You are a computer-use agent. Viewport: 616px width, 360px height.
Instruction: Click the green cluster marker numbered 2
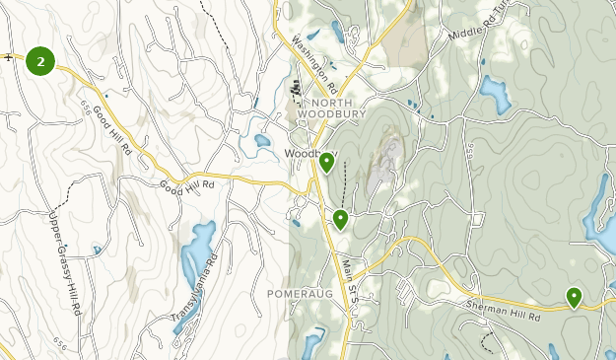tap(40, 61)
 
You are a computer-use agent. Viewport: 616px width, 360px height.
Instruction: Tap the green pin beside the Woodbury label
tap(326, 162)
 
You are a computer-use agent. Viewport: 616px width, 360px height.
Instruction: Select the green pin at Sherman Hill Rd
tap(573, 296)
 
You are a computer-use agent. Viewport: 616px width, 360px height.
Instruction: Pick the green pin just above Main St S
tap(340, 219)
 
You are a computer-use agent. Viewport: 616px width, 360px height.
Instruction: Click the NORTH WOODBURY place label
tap(333, 108)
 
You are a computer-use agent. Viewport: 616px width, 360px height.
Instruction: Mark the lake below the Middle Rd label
tap(495, 94)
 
